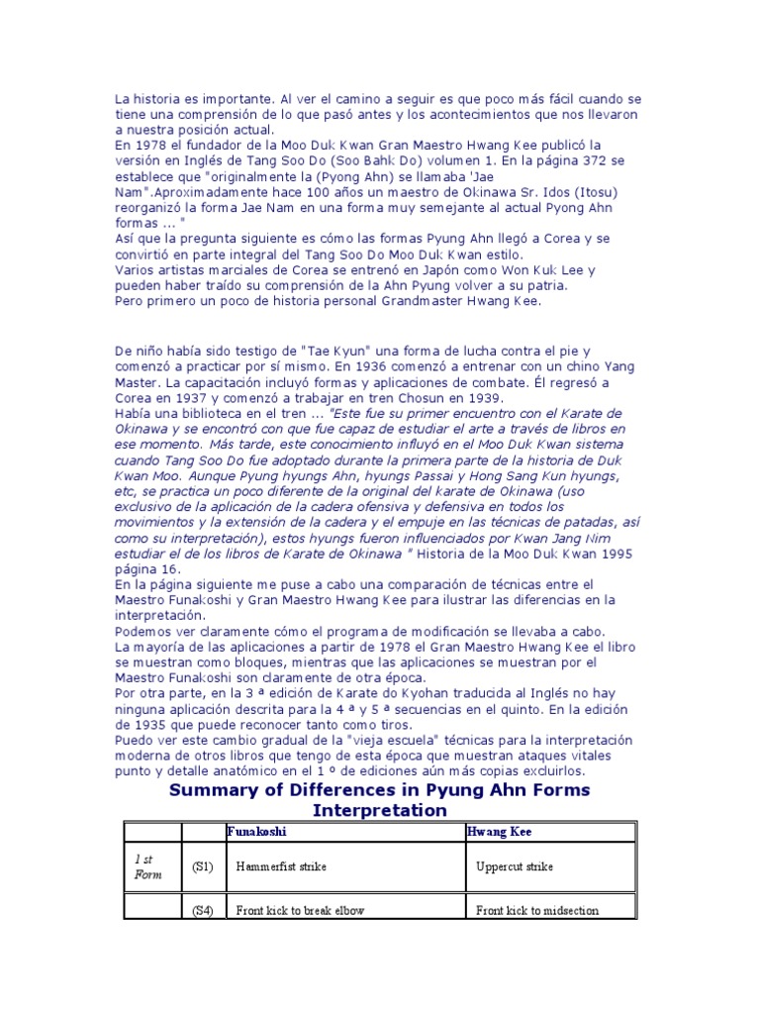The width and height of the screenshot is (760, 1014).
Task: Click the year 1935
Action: point(140,724)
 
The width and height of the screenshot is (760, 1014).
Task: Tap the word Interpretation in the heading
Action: point(380,810)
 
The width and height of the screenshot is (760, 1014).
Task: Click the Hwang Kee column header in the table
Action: point(499,832)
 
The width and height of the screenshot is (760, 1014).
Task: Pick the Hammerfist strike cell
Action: point(281,866)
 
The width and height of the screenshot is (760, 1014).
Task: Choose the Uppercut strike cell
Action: point(515,866)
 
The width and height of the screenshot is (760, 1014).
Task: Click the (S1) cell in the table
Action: point(202,866)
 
